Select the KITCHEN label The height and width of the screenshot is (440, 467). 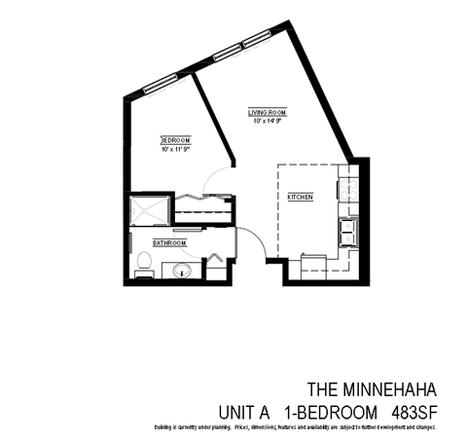300,198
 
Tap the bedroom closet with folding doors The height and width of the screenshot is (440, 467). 202,202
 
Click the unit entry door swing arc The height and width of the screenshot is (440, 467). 259,244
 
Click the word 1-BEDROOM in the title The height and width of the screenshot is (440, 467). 329,410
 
